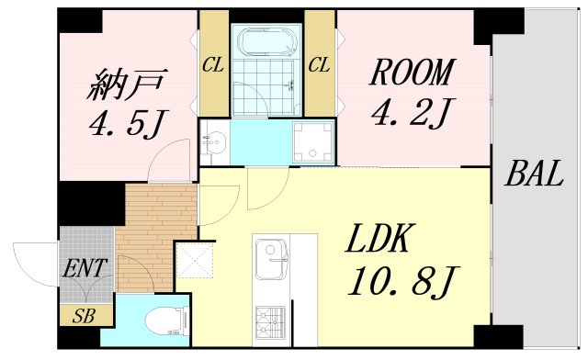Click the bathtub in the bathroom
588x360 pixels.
[x=266, y=41]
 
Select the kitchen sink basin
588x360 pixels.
[x=271, y=260]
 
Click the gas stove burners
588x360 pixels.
[x=270, y=320]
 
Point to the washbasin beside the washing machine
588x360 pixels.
[x=213, y=142]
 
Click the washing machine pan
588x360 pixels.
[x=312, y=142]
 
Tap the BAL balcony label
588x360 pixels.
[x=534, y=174]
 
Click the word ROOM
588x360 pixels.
[x=411, y=72]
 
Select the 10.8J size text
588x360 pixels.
[x=404, y=282]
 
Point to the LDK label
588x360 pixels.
[x=378, y=238]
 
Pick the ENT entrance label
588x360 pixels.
[x=85, y=268]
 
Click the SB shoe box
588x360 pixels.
[x=85, y=315]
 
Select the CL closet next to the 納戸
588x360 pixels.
[x=214, y=62]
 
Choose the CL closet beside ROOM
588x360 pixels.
[x=320, y=62]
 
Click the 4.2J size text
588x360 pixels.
[x=413, y=112]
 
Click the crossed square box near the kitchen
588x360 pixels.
[x=195, y=260]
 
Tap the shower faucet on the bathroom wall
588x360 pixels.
[x=290, y=86]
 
